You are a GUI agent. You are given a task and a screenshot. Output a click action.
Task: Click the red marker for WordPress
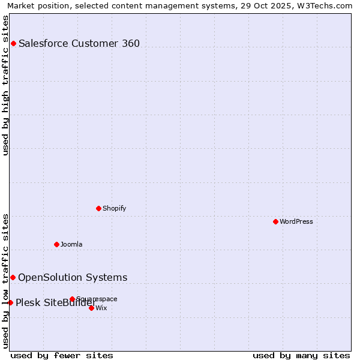coord(275,221)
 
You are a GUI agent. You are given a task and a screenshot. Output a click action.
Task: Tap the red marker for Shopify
coord(98,208)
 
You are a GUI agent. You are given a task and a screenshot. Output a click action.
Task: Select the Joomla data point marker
coord(56,244)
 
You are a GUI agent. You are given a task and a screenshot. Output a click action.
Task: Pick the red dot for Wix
coord(91,308)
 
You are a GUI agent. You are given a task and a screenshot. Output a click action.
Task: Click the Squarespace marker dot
coord(72,299)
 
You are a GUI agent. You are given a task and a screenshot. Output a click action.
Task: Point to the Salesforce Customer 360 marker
coord(13,43)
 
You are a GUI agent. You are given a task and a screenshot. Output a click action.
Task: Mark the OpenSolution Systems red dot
coord(13,277)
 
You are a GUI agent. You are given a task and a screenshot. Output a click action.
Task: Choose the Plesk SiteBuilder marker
coord(10,302)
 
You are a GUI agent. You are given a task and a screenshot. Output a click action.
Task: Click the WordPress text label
coord(296,221)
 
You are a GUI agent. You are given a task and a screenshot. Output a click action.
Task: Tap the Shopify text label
coord(114,208)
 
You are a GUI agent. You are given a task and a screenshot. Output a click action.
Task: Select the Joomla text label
coord(71,244)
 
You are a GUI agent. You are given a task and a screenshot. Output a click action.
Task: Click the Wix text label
coord(101,308)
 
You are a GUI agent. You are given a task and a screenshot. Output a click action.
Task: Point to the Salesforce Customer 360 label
coord(79,43)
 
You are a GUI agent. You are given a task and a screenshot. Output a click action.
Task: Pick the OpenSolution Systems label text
coord(73,277)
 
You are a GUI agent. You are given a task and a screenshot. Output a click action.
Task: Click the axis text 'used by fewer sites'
coord(62,355)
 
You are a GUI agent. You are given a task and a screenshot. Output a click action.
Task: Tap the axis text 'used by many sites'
coord(301,355)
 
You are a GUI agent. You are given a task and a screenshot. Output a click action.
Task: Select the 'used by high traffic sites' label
coord(6,85)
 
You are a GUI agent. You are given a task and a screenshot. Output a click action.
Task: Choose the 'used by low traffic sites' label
coord(6,281)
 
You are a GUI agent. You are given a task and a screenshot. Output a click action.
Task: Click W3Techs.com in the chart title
coord(326,5)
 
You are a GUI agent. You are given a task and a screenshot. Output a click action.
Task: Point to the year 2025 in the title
coord(273,5)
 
